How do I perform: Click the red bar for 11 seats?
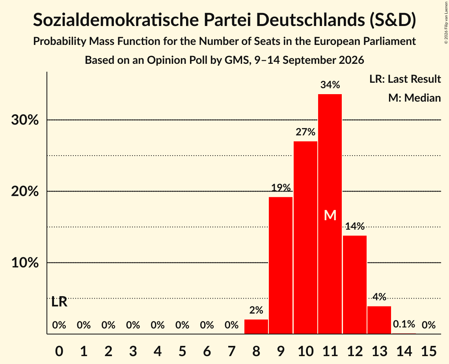pos(330,214)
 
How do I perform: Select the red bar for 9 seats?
pos(281,265)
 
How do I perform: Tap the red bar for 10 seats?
pos(305,238)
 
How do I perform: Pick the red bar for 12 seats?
pos(354,285)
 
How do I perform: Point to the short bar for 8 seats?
pos(256,327)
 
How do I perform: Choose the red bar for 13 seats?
pos(379,320)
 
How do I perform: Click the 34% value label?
pos(330,85)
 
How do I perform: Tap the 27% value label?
pos(305,132)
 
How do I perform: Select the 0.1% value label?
pos(404,324)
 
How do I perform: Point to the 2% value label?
pos(256,310)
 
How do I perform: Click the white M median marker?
pos(330,215)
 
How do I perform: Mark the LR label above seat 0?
pos(59,302)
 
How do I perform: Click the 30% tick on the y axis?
pos(25,120)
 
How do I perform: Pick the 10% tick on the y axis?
pos(25,262)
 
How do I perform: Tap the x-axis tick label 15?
pos(429,351)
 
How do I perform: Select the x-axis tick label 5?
pos(183,351)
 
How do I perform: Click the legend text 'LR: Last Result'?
pos(405,79)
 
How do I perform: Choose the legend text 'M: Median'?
pos(414,98)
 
